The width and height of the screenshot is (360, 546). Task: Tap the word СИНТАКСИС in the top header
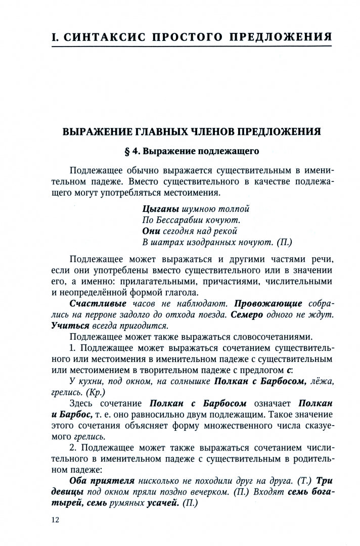[108, 37]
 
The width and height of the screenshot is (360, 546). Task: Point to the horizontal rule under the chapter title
[192, 47]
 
